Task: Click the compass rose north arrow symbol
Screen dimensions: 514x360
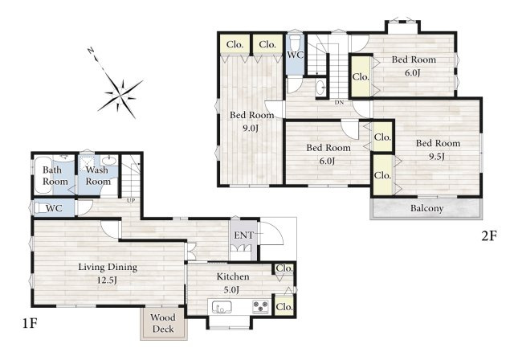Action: click(x=120, y=94)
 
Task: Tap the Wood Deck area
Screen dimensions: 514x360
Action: click(x=164, y=323)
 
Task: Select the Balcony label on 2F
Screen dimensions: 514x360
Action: click(x=426, y=208)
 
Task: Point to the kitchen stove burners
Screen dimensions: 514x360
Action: click(x=260, y=307)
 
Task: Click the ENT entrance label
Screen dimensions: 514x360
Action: click(x=244, y=235)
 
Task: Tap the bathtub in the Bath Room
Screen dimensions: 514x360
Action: click(x=43, y=175)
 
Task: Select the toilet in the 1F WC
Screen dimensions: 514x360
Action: click(x=39, y=208)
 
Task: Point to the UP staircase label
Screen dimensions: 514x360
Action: click(x=130, y=201)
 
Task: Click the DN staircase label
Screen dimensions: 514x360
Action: click(x=339, y=102)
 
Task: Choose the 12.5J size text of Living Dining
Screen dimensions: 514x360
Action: click(x=107, y=280)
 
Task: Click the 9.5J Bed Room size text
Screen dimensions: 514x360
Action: click(x=437, y=157)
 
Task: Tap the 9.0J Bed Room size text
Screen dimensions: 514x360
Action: click(x=251, y=129)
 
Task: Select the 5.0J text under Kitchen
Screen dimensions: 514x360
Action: click(x=231, y=290)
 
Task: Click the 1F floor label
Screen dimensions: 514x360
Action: click(x=30, y=324)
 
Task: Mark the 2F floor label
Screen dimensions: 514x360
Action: click(x=489, y=236)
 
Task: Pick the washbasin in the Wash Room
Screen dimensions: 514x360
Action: click(x=109, y=161)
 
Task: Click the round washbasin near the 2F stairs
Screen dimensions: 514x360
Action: click(x=320, y=88)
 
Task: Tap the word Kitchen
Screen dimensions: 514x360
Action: click(x=233, y=276)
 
